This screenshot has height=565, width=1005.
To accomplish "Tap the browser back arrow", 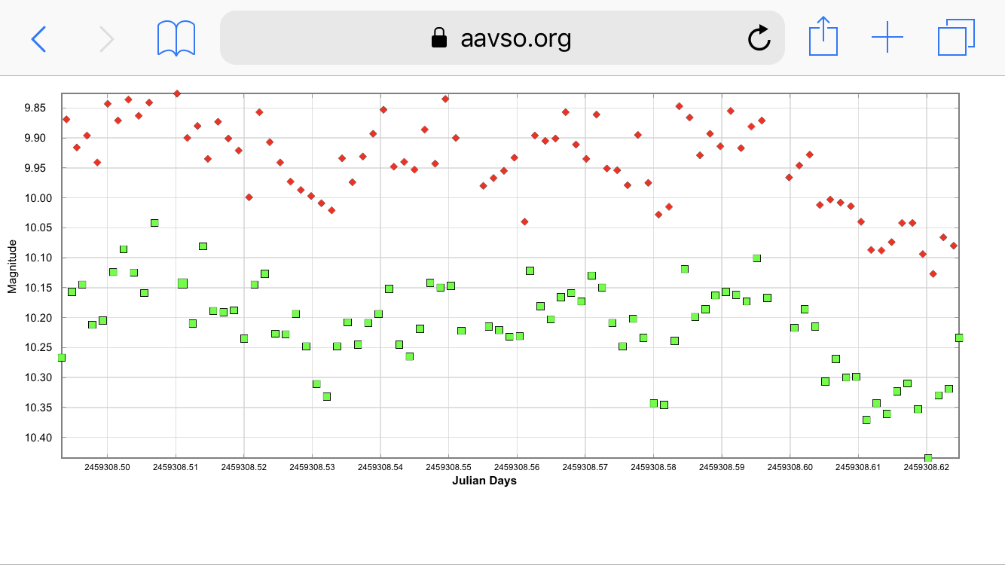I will point(39,38).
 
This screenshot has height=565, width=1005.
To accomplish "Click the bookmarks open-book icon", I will point(176,38).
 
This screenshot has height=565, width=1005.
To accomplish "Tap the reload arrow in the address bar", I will point(759,38).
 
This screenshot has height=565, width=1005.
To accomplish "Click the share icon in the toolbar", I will point(823,37).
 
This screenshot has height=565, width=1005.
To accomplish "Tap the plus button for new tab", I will point(887,37).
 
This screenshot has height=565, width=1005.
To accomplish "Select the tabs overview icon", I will point(956,38).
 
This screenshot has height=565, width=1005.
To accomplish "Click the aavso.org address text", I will point(515,38).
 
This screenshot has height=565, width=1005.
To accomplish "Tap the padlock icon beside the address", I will point(438,38).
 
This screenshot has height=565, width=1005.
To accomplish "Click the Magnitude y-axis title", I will point(12,266).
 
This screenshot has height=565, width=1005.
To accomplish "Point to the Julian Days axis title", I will point(484,481).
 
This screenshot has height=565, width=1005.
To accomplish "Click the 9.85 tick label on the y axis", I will point(35,108).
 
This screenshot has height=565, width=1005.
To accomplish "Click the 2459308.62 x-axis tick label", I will point(927,467).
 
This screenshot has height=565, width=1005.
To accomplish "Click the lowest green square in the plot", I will point(928,458).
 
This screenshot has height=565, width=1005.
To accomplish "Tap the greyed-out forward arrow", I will point(107,38).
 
